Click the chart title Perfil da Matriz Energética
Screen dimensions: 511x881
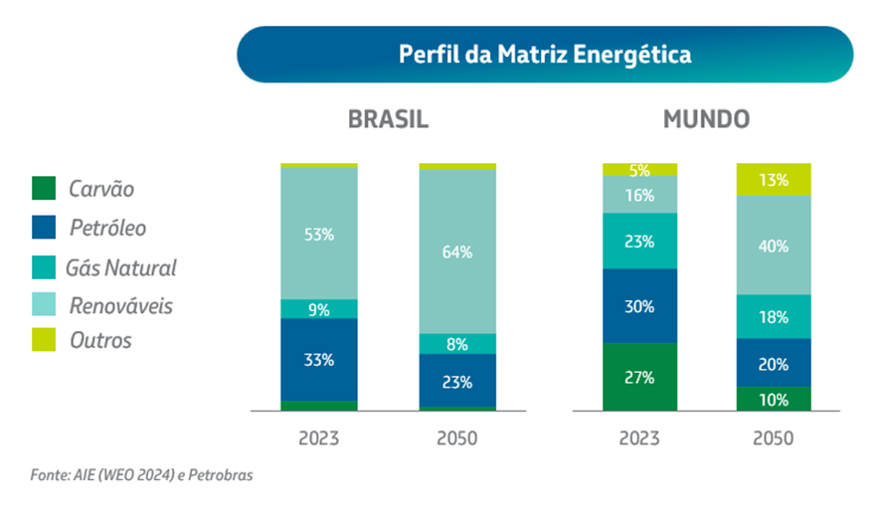pos(544,54)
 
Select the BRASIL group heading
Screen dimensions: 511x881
pos(388,120)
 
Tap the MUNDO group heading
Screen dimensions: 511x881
pos(706,120)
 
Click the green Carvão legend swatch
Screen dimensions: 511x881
pos(45,189)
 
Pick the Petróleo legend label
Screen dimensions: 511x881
pos(107,228)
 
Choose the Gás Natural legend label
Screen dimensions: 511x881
pos(120,267)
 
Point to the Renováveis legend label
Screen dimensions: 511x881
pos(120,305)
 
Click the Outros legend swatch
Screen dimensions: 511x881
pos(45,341)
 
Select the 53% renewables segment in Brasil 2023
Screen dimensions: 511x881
pos(319,234)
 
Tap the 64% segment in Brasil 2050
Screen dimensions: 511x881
pos(457,251)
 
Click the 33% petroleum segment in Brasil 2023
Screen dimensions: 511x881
pos(319,360)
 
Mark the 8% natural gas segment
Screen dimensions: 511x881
pos(457,344)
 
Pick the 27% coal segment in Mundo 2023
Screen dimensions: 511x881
pos(639,377)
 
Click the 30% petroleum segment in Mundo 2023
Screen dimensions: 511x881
pos(639,306)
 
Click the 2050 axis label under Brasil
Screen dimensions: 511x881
pos(457,437)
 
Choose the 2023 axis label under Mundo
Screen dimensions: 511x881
pos(639,437)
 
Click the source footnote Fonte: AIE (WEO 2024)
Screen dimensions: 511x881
pos(141,475)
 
